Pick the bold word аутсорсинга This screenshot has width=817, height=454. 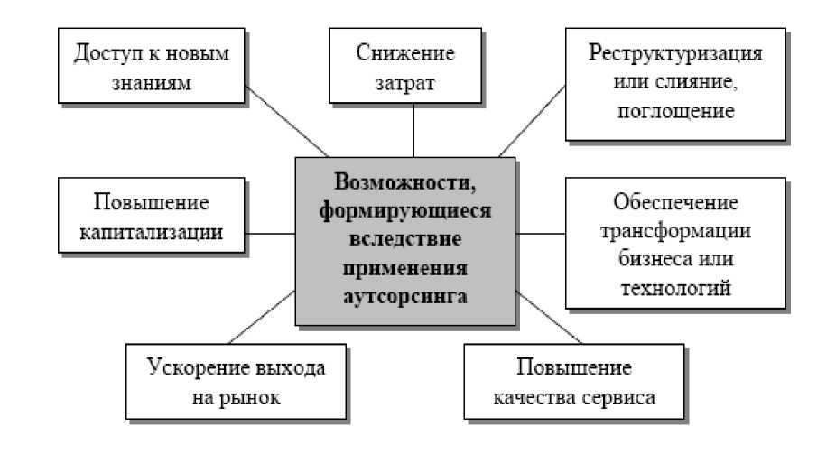tap(405, 296)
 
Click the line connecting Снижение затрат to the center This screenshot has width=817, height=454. tap(413, 130)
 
